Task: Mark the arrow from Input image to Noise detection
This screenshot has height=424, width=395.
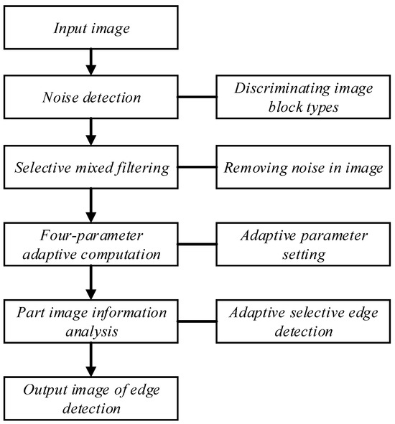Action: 89,62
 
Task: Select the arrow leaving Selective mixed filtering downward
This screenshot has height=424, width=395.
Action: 89,207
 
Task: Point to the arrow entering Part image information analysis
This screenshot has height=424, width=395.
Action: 89,283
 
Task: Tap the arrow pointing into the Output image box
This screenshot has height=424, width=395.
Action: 89,359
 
